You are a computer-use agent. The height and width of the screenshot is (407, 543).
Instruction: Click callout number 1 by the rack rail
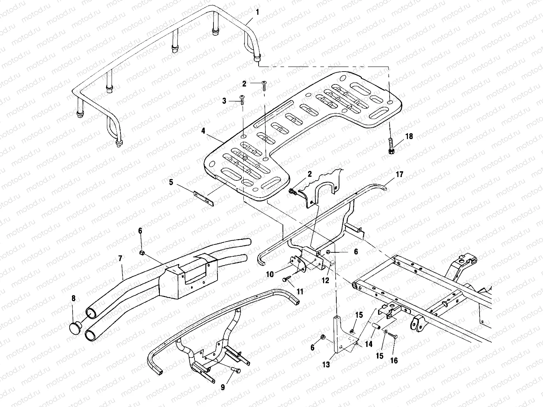click(257, 12)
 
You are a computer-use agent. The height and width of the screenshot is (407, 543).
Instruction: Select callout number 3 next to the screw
click(224, 101)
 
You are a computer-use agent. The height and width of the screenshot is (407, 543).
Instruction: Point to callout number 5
click(171, 183)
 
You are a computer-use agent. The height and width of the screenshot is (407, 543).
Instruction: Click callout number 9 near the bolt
click(223, 387)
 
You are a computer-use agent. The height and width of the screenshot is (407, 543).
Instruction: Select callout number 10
click(270, 274)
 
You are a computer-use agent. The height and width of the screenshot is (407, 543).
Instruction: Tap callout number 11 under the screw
click(300, 291)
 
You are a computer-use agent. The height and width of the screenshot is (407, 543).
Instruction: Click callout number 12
click(325, 281)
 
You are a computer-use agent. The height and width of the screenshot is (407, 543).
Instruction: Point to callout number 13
click(325, 365)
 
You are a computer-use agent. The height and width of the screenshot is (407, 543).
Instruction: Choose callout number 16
click(393, 360)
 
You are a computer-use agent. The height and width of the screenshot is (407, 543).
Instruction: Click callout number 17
click(399, 175)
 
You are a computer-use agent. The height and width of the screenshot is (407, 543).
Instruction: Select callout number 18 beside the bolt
click(409, 136)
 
